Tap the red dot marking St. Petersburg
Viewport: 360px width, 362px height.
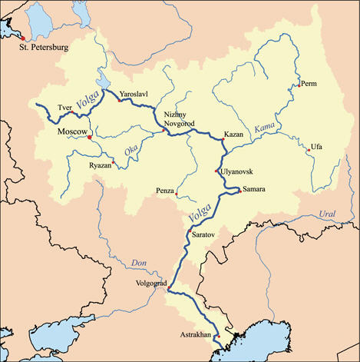pos(24,38)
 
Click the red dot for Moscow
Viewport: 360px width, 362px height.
pos(90,138)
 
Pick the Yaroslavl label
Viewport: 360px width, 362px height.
pos(134,94)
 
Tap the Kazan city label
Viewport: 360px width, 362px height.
pos(233,135)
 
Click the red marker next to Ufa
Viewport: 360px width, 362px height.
pos(308,151)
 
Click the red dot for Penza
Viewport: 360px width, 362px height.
pos(177,195)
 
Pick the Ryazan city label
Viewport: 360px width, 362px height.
pos(100,165)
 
